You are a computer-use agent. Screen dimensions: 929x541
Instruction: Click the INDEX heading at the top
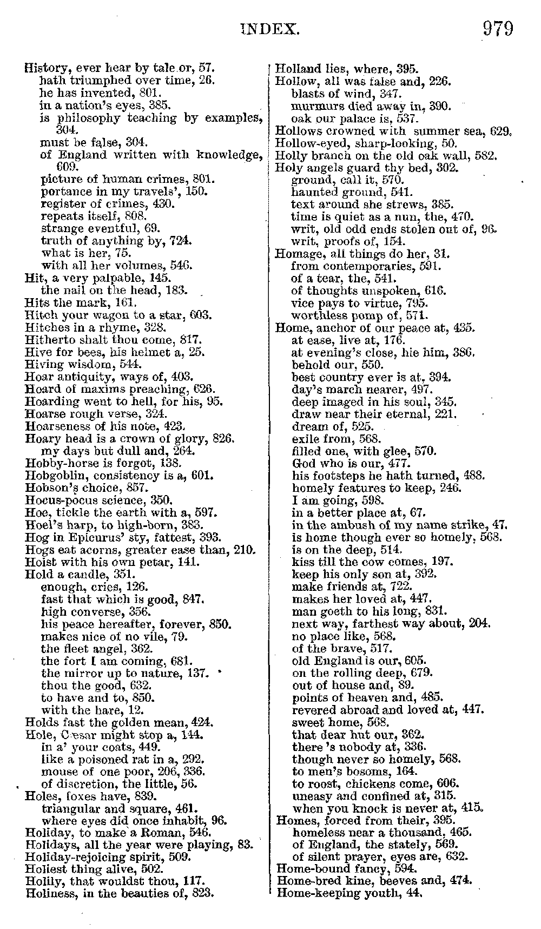click(x=269, y=29)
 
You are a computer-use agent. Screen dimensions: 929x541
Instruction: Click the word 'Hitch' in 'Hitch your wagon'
click(x=38, y=315)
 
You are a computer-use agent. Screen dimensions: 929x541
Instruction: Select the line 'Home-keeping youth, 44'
click(x=349, y=893)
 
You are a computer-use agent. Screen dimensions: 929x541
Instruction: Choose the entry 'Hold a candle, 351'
click(x=80, y=575)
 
